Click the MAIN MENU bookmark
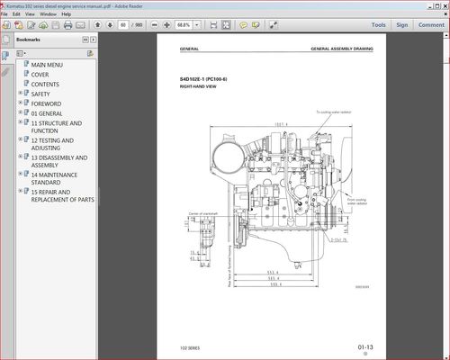coord(47,66)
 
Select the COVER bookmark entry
coord(40,75)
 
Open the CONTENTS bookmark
coord(45,85)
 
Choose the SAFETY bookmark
coord(40,94)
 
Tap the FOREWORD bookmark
coord(45,103)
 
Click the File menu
coord(5,14)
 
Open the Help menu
coord(66,14)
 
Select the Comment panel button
coord(430,25)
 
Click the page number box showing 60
coord(121,26)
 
